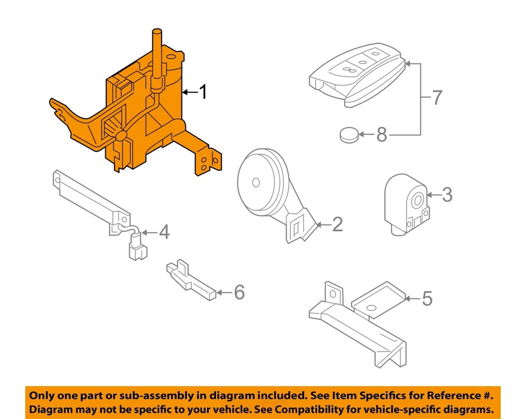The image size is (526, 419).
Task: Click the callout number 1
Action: [203, 92]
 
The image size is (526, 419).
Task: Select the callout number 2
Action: [337, 224]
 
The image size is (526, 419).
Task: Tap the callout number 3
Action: [447, 194]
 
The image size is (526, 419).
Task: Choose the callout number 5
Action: [427, 299]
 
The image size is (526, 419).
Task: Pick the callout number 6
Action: [239, 293]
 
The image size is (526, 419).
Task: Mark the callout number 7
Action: [436, 98]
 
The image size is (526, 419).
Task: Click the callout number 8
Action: [381, 134]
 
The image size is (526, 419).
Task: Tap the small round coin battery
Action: [349, 135]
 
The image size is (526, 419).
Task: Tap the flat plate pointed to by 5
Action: [378, 299]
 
